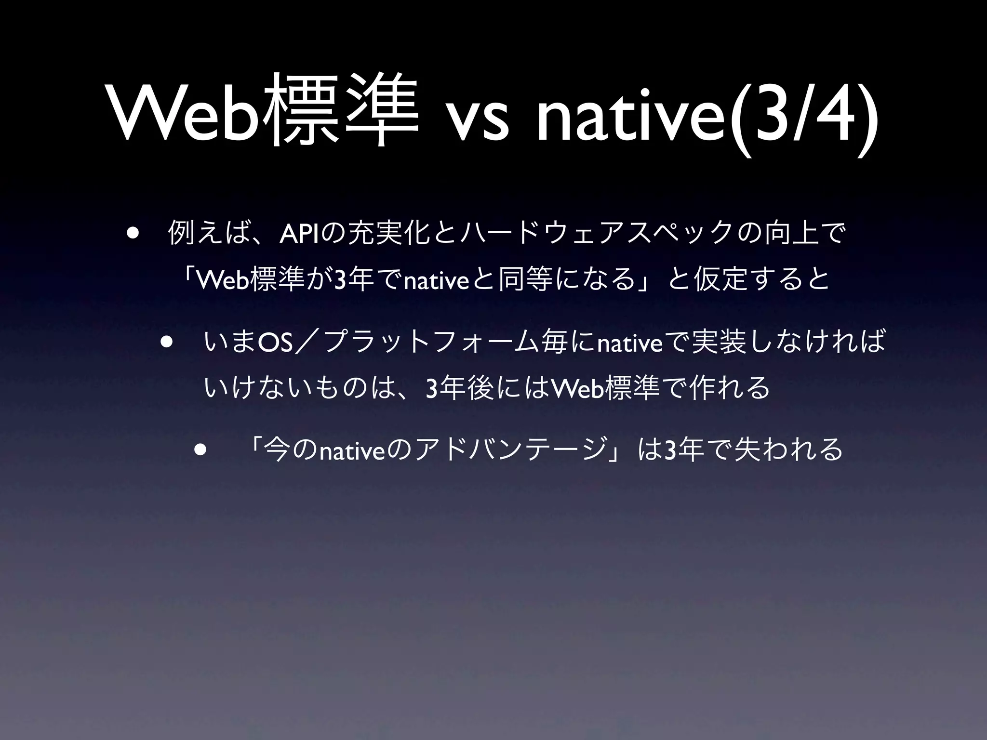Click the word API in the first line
(x=298, y=234)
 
